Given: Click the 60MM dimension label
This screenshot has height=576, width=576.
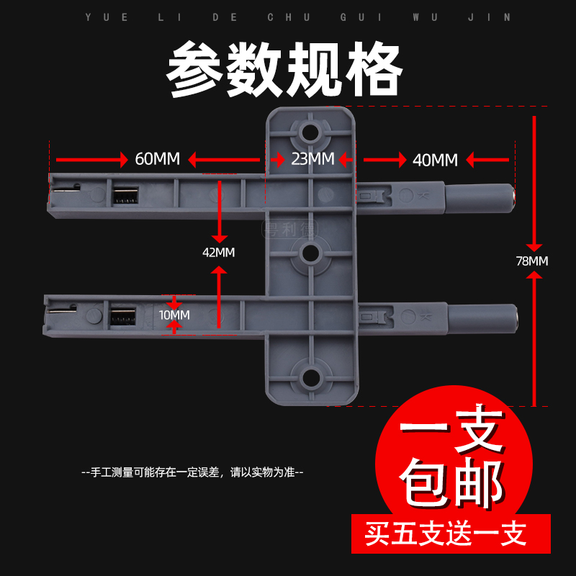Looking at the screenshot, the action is tap(158, 159).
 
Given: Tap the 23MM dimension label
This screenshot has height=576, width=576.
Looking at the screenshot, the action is tap(312, 158).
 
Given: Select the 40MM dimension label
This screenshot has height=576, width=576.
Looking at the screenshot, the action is tap(436, 160).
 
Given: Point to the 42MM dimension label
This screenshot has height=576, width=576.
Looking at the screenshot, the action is tap(218, 252).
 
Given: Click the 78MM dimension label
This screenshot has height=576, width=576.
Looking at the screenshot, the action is tap(532, 261).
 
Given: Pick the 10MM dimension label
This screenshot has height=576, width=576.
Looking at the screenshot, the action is tap(174, 315).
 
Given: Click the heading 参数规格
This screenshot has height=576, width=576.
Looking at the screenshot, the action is tap(285, 71).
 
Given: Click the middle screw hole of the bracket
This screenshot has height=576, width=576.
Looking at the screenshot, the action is tap(311, 253).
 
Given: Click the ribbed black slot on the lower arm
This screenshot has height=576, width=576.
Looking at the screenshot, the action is tap(123, 315).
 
